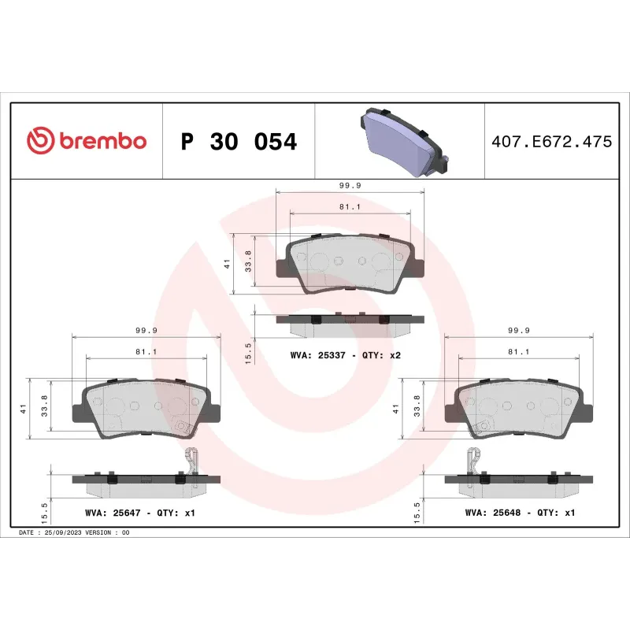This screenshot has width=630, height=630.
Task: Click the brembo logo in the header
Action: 87,141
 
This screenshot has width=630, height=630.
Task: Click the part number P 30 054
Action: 239,142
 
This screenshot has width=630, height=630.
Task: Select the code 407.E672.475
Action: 550,143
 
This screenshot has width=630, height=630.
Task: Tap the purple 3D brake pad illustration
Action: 402,141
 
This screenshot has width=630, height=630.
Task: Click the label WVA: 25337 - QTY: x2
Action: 346,355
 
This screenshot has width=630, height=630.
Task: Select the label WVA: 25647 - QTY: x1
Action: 139,513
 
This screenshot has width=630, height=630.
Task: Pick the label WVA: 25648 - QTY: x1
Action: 521,513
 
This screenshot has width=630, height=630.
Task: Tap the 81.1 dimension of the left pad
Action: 145,352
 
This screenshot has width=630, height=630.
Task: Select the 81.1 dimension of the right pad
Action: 518,352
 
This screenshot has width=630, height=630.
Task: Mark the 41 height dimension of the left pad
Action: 24,409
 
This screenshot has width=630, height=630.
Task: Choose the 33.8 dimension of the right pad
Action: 417,409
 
